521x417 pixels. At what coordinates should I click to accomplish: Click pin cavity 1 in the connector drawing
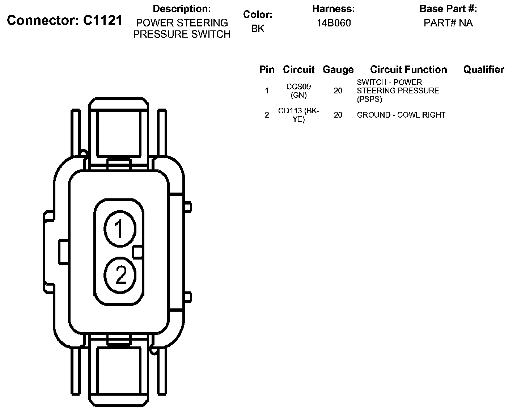tap(120, 229)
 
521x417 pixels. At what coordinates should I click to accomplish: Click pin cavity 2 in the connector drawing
tap(120, 275)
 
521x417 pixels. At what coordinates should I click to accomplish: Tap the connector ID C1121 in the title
tap(103, 20)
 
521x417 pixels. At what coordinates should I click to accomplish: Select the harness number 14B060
tap(334, 23)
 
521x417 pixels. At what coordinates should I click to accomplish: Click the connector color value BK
tap(258, 29)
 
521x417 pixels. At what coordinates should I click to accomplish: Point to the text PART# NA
tap(448, 23)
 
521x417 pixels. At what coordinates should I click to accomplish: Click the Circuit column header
tap(298, 69)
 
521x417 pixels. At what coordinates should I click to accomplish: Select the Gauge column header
tap(338, 70)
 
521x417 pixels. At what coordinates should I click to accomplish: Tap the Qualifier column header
tap(484, 69)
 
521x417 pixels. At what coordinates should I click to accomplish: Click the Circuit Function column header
tap(408, 69)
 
